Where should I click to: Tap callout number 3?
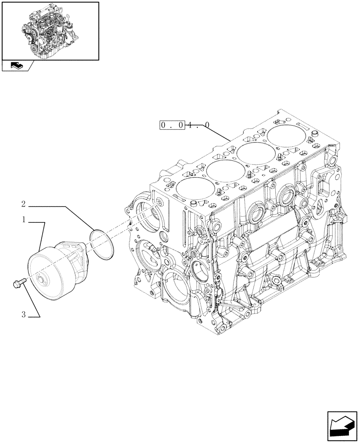tap(23, 315)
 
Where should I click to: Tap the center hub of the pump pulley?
tap(43, 280)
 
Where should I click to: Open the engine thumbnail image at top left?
tap(50, 31)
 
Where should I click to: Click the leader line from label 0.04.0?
tap(217, 133)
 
